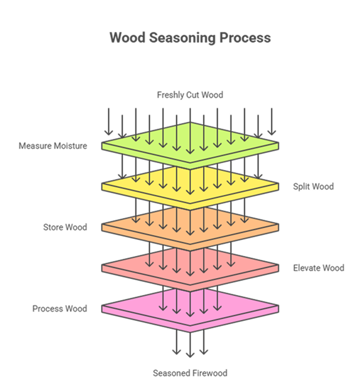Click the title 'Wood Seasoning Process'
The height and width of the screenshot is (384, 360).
190,38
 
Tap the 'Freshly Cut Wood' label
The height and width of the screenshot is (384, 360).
190,95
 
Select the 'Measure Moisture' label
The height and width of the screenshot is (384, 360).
53,146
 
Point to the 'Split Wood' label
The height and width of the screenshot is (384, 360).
313,187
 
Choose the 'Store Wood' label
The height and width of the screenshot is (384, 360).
65,227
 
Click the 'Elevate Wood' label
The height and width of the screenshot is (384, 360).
318,268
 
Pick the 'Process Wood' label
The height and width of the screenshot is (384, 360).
59,309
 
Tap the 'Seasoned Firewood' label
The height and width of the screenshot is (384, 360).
190,373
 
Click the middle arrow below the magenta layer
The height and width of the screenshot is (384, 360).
190,344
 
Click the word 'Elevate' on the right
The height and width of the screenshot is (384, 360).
306,268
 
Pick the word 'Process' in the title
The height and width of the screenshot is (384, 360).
247,38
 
